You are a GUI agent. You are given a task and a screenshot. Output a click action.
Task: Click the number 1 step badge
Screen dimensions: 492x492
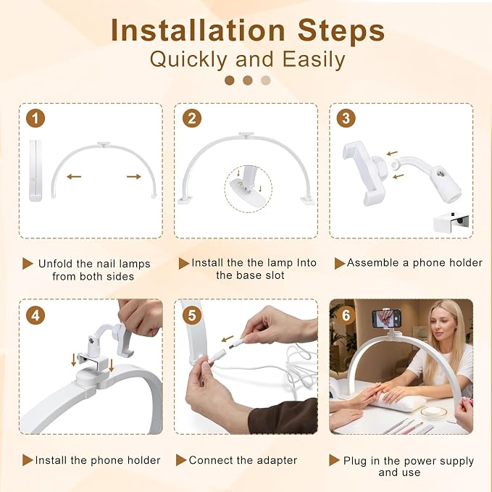(36, 118)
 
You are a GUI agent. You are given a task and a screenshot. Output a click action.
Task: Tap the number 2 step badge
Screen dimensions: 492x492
(192, 118)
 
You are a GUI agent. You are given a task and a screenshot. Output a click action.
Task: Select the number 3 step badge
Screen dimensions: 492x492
(346, 118)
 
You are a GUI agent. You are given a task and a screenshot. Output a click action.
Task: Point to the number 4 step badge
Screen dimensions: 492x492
(36, 315)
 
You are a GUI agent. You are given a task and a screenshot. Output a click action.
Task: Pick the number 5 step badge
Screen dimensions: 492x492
(192, 315)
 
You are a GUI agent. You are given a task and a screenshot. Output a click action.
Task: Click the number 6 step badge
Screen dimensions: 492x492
(346, 315)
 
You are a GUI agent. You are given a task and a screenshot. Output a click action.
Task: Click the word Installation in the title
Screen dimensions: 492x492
(198, 30)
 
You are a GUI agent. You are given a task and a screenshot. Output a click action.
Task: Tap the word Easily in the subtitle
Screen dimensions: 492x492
(314, 59)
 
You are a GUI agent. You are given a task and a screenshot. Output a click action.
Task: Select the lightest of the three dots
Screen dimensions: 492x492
(266, 80)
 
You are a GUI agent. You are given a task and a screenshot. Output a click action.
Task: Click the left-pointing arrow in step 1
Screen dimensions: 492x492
(74, 177)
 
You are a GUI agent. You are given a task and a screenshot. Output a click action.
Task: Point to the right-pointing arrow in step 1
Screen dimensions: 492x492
(134, 177)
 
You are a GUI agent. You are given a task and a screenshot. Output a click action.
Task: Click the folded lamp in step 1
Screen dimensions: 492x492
(35, 170)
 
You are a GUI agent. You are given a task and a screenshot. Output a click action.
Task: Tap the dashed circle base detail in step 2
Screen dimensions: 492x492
(249, 189)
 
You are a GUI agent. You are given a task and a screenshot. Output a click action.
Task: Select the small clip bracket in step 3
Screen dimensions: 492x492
(451, 222)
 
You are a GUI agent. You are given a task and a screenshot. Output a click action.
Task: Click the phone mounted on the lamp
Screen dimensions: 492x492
(386, 318)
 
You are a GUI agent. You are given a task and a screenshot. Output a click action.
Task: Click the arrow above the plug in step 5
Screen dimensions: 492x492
(228, 339)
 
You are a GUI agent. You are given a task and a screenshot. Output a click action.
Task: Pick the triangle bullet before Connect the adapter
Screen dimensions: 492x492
(181, 460)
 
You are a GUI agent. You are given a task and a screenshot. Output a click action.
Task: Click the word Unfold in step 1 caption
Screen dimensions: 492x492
(56, 264)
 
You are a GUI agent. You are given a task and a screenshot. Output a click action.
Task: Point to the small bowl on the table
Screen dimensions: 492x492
(433, 412)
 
